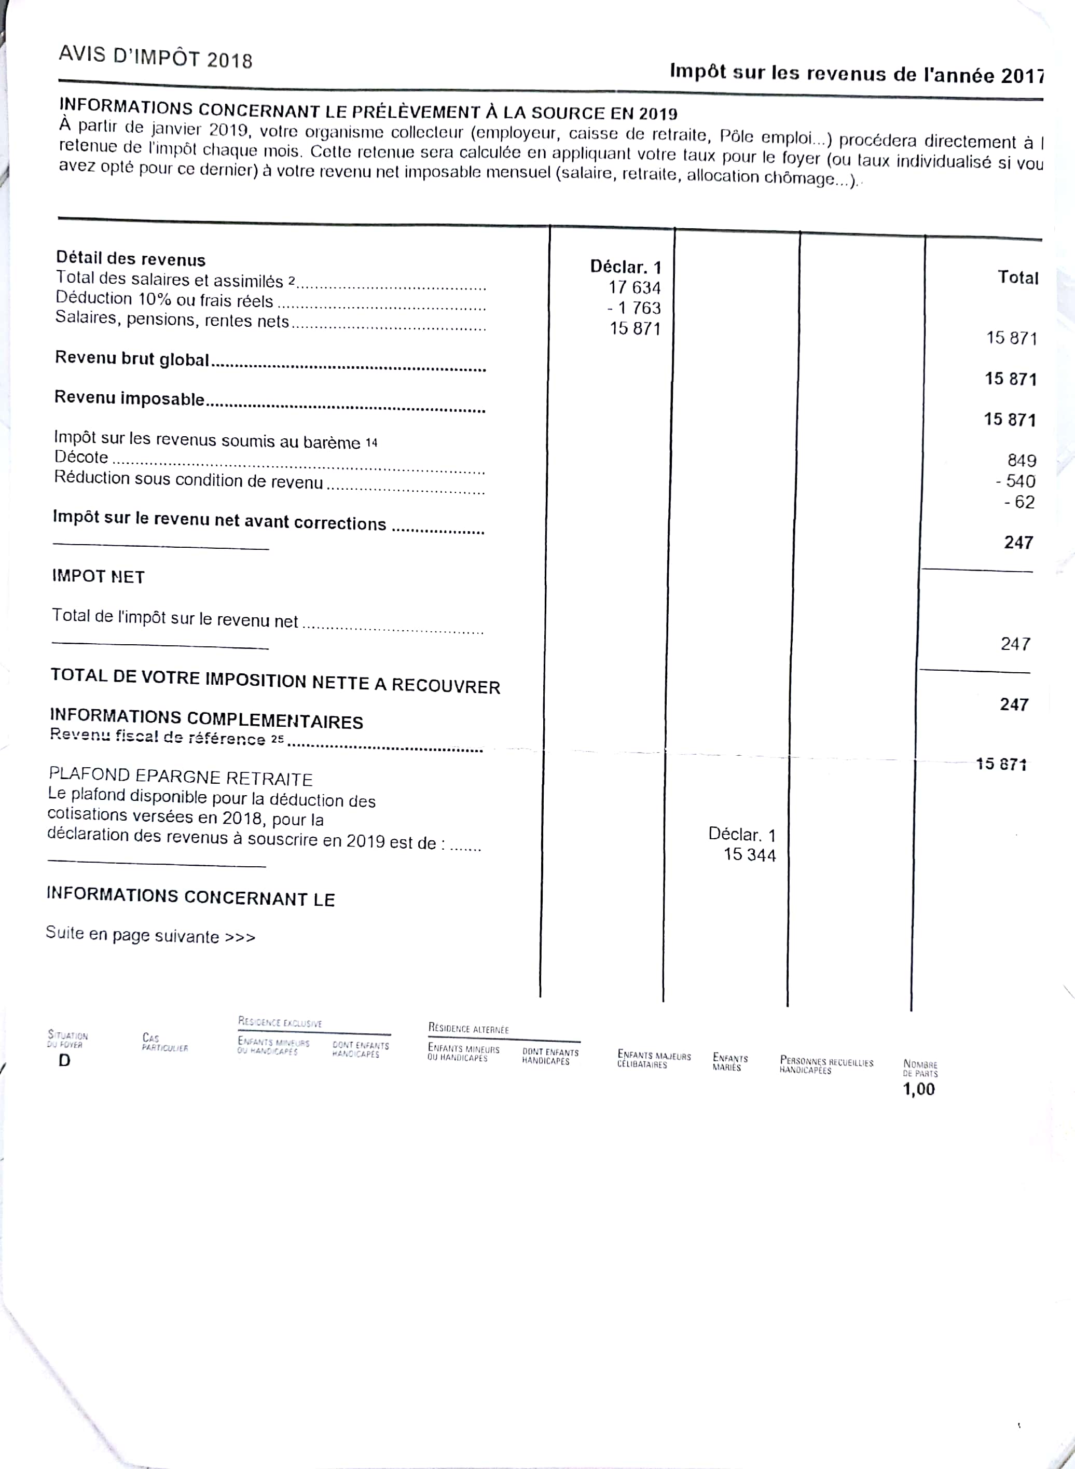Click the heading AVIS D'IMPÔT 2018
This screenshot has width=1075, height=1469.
click(155, 57)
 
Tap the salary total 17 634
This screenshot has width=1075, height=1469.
click(635, 287)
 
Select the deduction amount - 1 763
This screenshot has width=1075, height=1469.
click(634, 308)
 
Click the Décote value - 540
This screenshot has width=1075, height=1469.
click(1015, 481)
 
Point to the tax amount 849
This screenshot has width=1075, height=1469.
click(1021, 461)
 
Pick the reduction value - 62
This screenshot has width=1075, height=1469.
click(1019, 502)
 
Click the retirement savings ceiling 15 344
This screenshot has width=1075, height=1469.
click(750, 855)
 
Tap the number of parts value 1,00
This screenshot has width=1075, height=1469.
click(918, 1089)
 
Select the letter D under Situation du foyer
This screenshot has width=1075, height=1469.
click(64, 1060)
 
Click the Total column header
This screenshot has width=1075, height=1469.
click(1018, 278)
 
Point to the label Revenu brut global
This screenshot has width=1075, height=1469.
click(132, 358)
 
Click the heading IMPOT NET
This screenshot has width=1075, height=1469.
click(98, 576)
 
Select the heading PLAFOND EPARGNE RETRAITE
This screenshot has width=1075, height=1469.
click(180, 777)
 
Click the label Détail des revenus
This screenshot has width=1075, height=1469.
click(130, 259)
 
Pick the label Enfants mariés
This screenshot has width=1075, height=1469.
click(729, 1062)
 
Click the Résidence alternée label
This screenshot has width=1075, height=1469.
click(468, 1029)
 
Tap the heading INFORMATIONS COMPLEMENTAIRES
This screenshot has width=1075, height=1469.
click(206, 719)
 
